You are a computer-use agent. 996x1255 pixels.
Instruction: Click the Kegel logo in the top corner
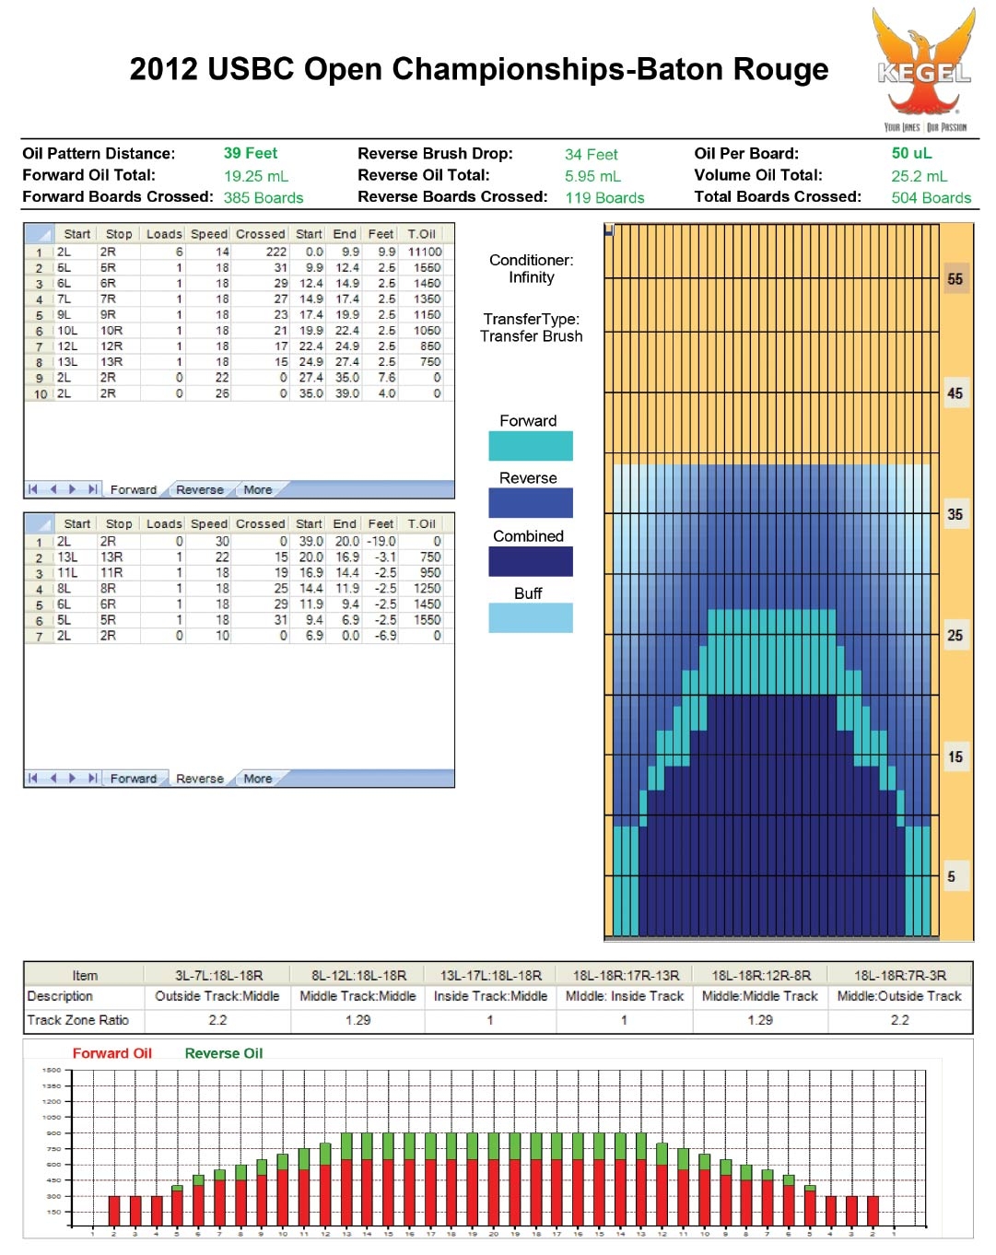924,69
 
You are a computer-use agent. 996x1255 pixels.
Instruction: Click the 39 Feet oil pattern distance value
250,154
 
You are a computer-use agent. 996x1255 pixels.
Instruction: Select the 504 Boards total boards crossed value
931,198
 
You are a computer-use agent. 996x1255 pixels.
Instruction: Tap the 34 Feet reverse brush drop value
591,155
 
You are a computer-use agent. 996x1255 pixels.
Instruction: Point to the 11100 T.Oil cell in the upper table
425,252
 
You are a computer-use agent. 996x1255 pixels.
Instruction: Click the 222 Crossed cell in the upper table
275,252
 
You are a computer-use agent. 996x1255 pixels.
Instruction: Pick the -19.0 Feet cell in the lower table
381,542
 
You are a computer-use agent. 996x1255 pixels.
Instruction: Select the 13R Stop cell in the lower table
111,557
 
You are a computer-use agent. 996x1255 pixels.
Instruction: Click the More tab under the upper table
257,490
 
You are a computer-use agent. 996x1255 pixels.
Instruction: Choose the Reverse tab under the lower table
199,779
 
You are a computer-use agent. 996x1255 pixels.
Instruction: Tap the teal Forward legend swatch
530,446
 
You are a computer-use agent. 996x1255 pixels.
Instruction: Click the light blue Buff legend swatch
530,617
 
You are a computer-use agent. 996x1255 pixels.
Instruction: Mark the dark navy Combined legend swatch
530,561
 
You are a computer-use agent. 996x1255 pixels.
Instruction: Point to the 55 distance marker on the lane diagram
955,279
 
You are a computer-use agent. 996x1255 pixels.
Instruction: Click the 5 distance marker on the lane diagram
951,877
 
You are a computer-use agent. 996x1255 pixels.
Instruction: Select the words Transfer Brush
531,337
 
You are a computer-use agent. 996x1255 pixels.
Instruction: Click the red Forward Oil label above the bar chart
111,1053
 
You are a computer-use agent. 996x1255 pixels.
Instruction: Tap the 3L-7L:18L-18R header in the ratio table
218,975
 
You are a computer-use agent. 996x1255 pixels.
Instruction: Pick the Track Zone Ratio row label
78,1020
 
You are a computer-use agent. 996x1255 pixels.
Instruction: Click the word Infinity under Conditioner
531,277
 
